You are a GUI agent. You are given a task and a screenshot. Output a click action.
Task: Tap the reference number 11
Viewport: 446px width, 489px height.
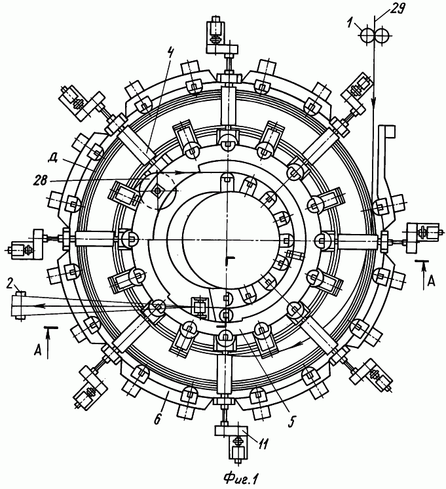point(262,444)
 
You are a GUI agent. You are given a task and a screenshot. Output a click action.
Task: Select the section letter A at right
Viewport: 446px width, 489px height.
point(430,281)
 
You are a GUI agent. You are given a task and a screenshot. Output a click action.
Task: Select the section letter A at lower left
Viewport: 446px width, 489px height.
point(37,351)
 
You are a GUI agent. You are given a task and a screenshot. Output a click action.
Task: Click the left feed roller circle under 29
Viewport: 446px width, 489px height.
point(367,36)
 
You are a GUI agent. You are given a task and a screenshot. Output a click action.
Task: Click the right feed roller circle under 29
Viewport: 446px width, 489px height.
point(381,36)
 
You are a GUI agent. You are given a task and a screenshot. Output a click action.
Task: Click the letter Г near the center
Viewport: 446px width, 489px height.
point(231,260)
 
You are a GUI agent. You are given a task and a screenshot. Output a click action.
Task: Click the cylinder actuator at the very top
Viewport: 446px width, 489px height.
point(215,29)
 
